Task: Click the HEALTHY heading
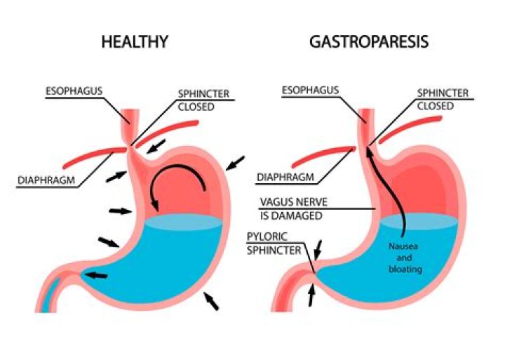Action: [x=135, y=41]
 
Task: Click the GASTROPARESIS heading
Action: [x=368, y=41]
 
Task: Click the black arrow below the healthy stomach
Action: [x=211, y=301]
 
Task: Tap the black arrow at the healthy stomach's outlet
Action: [x=96, y=274]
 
